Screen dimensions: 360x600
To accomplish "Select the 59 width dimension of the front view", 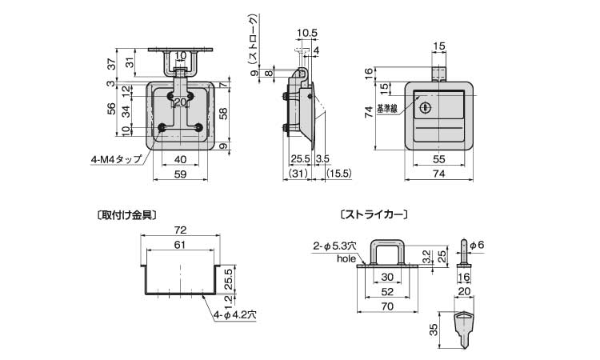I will point(181,174).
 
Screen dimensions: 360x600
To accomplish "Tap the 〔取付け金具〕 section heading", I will point(124,214).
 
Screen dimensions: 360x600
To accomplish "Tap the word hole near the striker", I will point(346,259).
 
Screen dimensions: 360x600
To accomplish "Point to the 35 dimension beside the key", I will point(433,327).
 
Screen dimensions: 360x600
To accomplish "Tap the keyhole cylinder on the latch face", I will point(425,107).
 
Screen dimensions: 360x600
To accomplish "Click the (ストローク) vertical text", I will point(252,39).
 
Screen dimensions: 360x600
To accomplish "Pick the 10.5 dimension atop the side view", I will point(306,33).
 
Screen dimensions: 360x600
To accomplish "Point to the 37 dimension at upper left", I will point(111,63).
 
